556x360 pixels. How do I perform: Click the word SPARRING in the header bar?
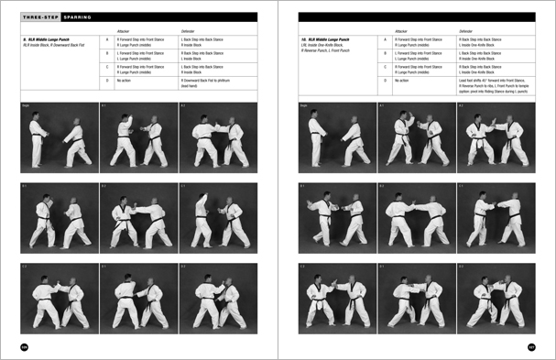[x=75, y=16]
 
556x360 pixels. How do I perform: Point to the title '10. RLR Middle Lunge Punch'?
[x=329, y=40]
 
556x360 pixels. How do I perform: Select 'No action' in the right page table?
[x=403, y=80]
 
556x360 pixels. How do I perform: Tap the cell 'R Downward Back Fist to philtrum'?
[x=209, y=80]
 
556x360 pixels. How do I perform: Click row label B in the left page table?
[x=107, y=54]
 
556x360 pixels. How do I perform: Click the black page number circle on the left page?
[x=25, y=346]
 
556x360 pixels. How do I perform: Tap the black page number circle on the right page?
[x=530, y=346]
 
